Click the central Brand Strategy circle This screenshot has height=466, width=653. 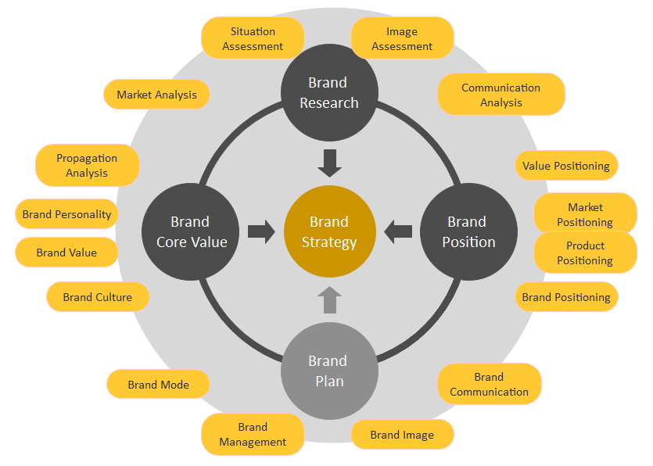click(328, 232)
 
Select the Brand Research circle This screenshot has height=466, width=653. click(328, 93)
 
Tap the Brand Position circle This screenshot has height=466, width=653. click(468, 232)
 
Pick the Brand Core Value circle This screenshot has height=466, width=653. click(191, 232)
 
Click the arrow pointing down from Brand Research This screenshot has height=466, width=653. click(329, 163)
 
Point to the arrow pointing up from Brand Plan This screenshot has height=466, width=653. click(329, 299)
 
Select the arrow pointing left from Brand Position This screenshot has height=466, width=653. click(398, 231)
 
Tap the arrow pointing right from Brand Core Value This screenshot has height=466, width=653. click(261, 231)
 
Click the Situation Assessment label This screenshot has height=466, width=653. click(253, 38)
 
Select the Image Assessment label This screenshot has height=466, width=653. click(402, 38)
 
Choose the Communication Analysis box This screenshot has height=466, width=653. click(501, 95)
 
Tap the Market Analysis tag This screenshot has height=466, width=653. click(156, 95)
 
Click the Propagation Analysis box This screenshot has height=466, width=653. click(87, 165)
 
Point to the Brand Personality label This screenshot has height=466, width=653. click(66, 213)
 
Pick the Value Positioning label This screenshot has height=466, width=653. click(566, 166)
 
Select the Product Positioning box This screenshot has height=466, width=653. click(585, 253)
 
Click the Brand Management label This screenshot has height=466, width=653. click(253, 434)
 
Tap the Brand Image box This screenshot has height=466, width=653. click(402, 435)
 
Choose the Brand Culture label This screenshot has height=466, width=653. click(97, 297)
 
